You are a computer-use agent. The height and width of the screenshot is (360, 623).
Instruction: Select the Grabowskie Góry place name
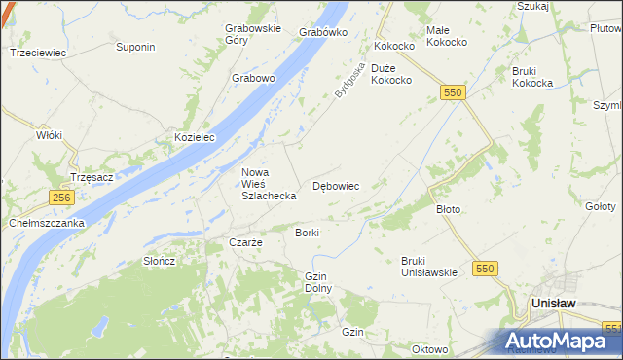(252, 34)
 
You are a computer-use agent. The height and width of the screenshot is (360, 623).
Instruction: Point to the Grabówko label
(324, 32)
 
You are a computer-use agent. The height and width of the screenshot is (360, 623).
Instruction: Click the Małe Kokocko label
(449, 36)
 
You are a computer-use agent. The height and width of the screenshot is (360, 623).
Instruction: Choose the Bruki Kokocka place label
(531, 77)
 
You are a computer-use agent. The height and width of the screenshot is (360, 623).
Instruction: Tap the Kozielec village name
(195, 138)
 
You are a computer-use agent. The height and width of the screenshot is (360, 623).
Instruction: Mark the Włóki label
(49, 135)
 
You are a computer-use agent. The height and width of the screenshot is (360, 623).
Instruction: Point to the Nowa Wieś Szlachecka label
(269, 184)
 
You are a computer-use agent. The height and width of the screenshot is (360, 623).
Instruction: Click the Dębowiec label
(336, 185)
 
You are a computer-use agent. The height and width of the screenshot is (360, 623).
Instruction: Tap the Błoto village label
(448, 209)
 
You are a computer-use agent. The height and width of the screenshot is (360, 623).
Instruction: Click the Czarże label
(245, 242)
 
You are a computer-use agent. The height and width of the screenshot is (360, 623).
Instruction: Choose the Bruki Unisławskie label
(428, 267)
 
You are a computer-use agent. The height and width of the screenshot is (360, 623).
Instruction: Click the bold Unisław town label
(557, 304)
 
